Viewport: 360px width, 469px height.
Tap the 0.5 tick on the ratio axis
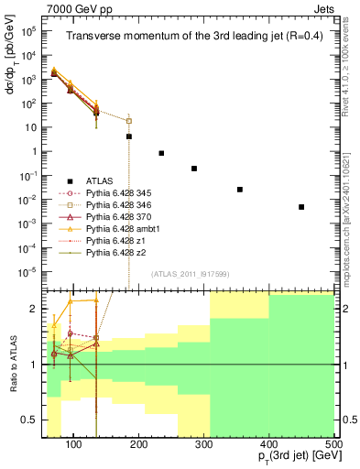(x=32, y=420)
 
